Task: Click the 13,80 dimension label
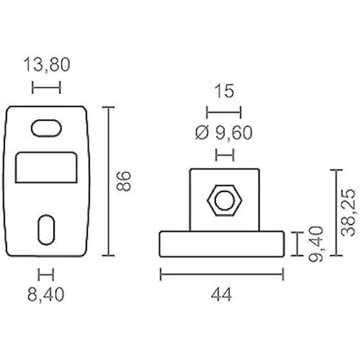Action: [47, 65]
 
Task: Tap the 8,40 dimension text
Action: [46, 295]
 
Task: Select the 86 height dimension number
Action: [124, 181]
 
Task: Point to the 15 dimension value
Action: [224, 91]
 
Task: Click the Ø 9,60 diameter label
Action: [224, 133]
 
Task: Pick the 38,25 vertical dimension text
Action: [349, 212]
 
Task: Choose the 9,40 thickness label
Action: [316, 244]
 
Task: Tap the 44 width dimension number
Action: [221, 295]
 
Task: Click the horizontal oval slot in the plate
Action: [46, 128]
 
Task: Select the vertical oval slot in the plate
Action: [46, 230]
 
